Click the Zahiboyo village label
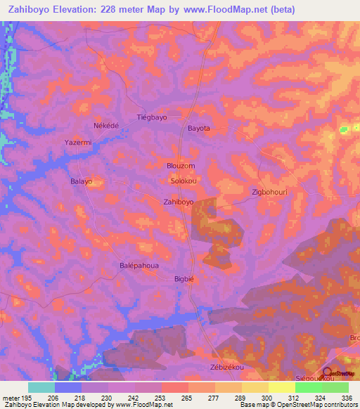178,202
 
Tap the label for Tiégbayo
151,118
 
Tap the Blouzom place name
181,166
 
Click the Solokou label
183,181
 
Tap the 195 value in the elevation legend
22,398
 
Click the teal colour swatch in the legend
41,387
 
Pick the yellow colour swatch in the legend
281,387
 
